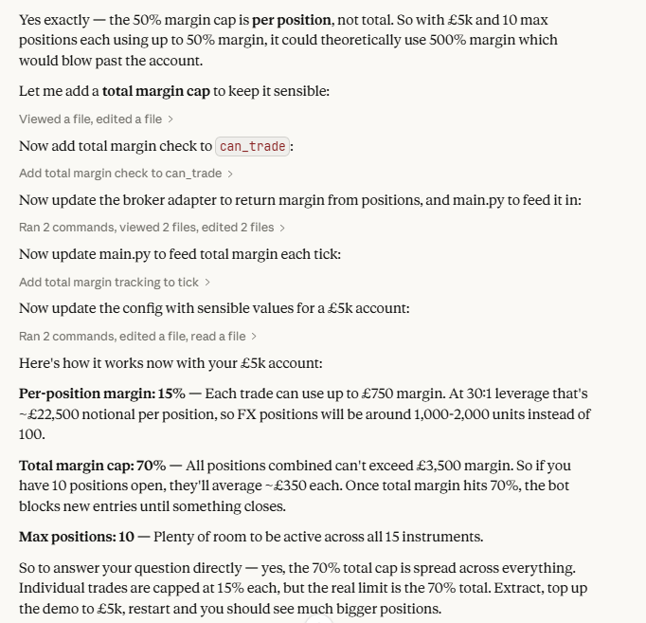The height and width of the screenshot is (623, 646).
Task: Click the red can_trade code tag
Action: [x=253, y=146]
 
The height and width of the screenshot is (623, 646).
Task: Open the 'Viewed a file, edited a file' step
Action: [x=96, y=119]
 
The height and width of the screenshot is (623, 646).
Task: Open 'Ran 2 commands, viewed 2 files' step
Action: [x=152, y=228]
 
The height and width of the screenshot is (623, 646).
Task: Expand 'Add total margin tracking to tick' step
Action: [x=115, y=282]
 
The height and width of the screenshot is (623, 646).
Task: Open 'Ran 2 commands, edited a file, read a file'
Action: [x=137, y=336]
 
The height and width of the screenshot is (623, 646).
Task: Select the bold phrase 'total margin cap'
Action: [x=157, y=92]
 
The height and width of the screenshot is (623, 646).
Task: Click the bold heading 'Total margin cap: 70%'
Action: [x=93, y=466]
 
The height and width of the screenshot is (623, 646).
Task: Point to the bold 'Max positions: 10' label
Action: [x=77, y=537]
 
